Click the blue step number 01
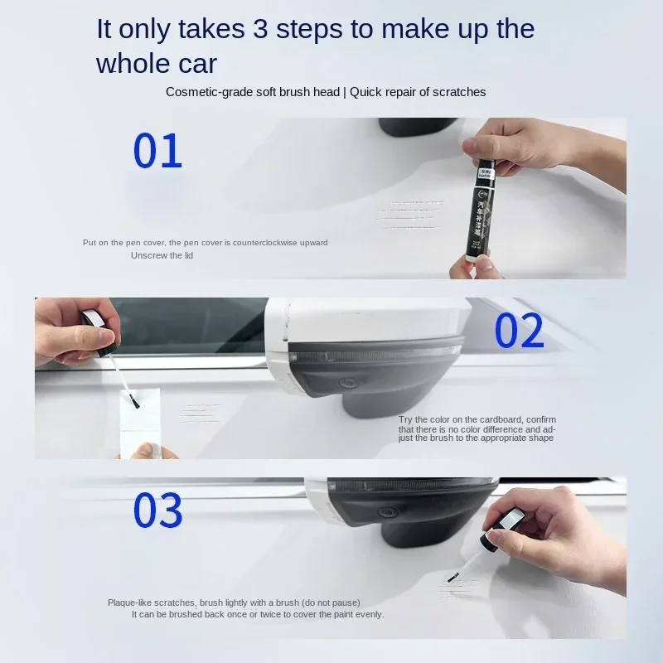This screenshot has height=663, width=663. (157, 151)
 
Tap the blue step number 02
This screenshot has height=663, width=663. (519, 331)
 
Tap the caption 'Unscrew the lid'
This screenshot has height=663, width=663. (162, 255)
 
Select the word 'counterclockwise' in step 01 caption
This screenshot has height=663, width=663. (264, 242)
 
